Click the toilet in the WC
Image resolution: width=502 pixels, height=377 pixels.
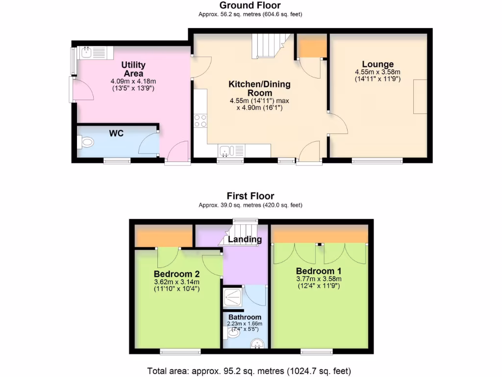(x=86, y=142)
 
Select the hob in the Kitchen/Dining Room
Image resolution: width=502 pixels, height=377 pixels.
(x=201, y=120)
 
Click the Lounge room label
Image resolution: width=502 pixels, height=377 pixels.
(x=377, y=64)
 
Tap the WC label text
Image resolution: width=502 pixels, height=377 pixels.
(x=116, y=133)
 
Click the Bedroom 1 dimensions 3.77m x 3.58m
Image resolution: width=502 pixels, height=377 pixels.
(x=319, y=279)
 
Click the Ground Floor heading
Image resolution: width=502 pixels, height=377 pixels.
(x=250, y=5)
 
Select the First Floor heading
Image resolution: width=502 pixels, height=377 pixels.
(x=250, y=196)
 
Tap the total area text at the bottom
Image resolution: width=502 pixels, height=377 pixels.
(x=250, y=371)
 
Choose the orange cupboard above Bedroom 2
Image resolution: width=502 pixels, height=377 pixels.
(x=163, y=237)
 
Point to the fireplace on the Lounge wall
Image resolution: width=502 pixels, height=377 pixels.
(x=420, y=97)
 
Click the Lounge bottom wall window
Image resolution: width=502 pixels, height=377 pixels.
(x=377, y=160)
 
